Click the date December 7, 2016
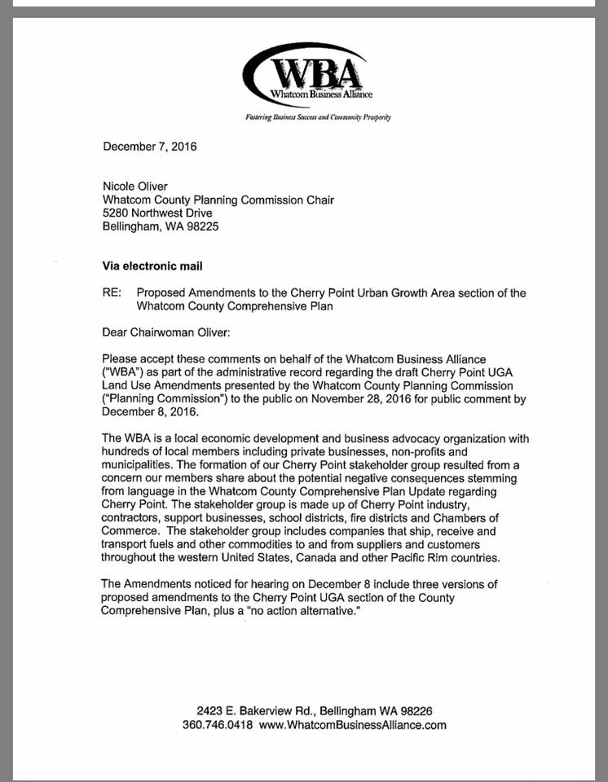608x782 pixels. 149,147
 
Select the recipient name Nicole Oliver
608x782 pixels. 135,187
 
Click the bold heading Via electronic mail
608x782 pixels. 152,266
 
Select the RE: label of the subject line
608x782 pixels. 112,292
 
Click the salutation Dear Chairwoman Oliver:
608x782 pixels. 165,332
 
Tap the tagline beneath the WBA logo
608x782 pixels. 318,117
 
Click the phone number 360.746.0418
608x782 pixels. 218,725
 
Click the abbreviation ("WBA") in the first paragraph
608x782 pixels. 122,372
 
